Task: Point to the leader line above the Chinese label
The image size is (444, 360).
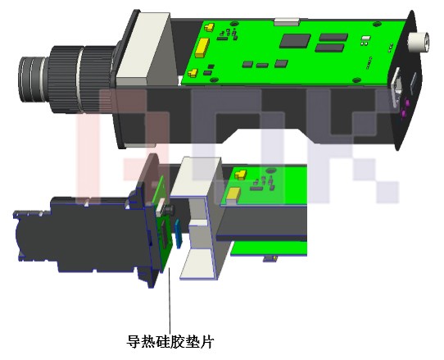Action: (x=170, y=303)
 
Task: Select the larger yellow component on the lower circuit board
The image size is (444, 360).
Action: (x=233, y=194)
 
